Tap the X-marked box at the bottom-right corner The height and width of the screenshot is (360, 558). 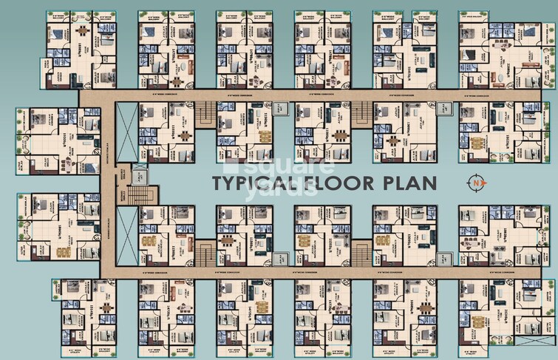[534, 341]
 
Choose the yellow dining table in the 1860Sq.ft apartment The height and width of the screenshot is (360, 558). [62, 251]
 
